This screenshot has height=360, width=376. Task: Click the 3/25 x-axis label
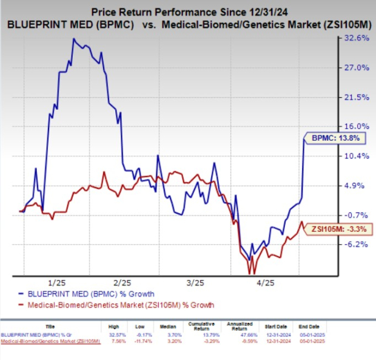194,282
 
